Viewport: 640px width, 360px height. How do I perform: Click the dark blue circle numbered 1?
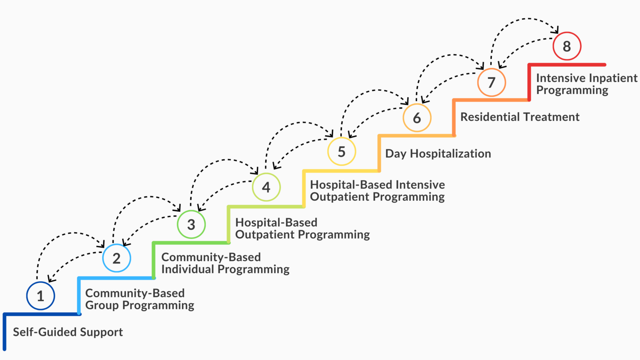(x=40, y=296)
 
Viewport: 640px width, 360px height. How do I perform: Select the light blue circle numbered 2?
(x=116, y=258)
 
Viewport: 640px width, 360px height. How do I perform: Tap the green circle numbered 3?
(x=191, y=224)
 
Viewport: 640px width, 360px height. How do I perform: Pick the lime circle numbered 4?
(x=266, y=187)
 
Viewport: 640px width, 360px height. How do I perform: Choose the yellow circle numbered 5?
(x=342, y=151)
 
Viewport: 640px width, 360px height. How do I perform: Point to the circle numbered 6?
(x=417, y=118)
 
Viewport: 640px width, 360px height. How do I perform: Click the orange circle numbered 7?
(x=491, y=82)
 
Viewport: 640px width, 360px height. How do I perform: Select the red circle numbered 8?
(x=567, y=46)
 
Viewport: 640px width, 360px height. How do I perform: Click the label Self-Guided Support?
(x=68, y=332)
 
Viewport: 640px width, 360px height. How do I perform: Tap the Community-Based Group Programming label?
(x=139, y=299)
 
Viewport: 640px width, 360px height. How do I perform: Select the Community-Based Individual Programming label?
(x=225, y=263)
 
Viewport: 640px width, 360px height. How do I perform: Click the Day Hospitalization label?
(x=438, y=153)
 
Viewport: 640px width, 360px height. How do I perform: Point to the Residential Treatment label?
(x=520, y=117)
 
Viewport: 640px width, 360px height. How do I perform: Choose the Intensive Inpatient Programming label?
(x=586, y=84)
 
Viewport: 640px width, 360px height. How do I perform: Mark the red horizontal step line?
(x=567, y=64)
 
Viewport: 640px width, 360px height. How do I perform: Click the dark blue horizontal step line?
(x=41, y=314)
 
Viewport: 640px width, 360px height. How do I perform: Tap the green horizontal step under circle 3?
(x=191, y=243)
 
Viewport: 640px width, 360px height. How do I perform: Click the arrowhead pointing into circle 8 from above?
(x=555, y=30)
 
